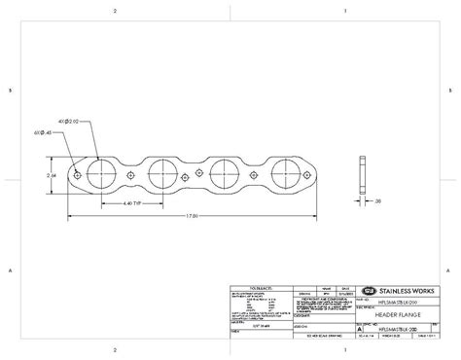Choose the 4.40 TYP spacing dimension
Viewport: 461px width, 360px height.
(134, 204)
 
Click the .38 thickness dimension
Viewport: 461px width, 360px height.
(377, 200)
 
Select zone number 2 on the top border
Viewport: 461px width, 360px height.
(115, 10)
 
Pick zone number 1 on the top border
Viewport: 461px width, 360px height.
(345, 10)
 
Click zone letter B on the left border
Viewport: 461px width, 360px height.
(10, 90)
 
